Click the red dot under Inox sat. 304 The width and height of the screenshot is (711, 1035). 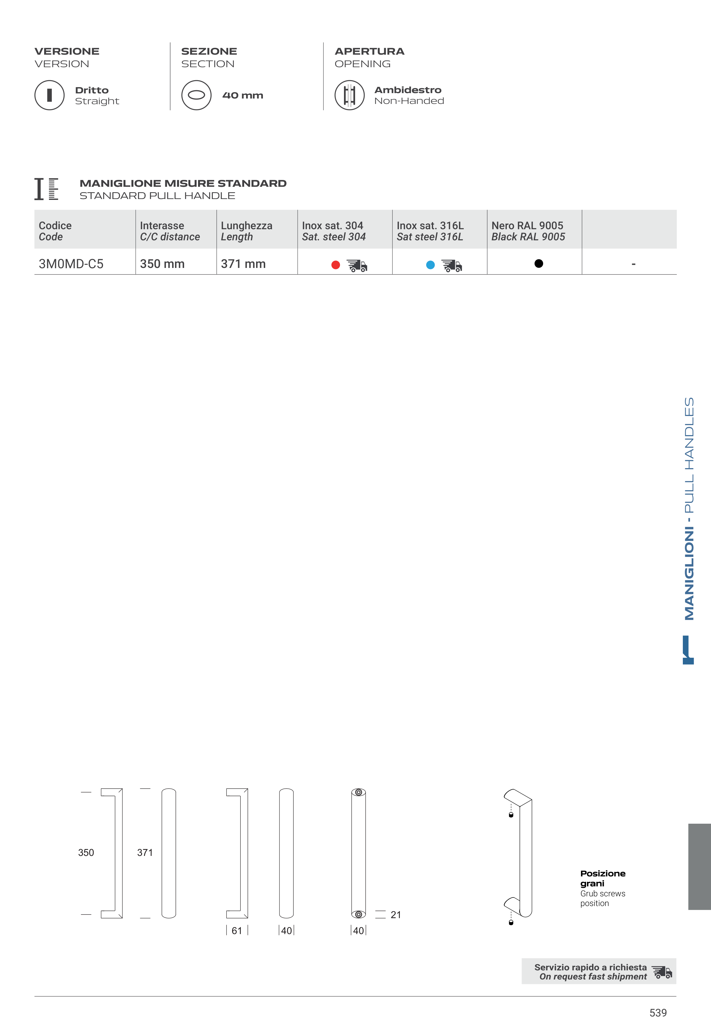point(336,265)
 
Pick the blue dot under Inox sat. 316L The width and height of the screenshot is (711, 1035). point(430,265)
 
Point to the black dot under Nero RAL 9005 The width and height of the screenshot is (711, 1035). point(539,263)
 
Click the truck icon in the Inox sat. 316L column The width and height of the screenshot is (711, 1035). point(452,266)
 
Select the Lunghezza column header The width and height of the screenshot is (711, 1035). point(246,231)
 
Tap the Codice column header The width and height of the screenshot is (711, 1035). point(55,231)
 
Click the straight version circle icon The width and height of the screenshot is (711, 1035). point(50,95)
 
